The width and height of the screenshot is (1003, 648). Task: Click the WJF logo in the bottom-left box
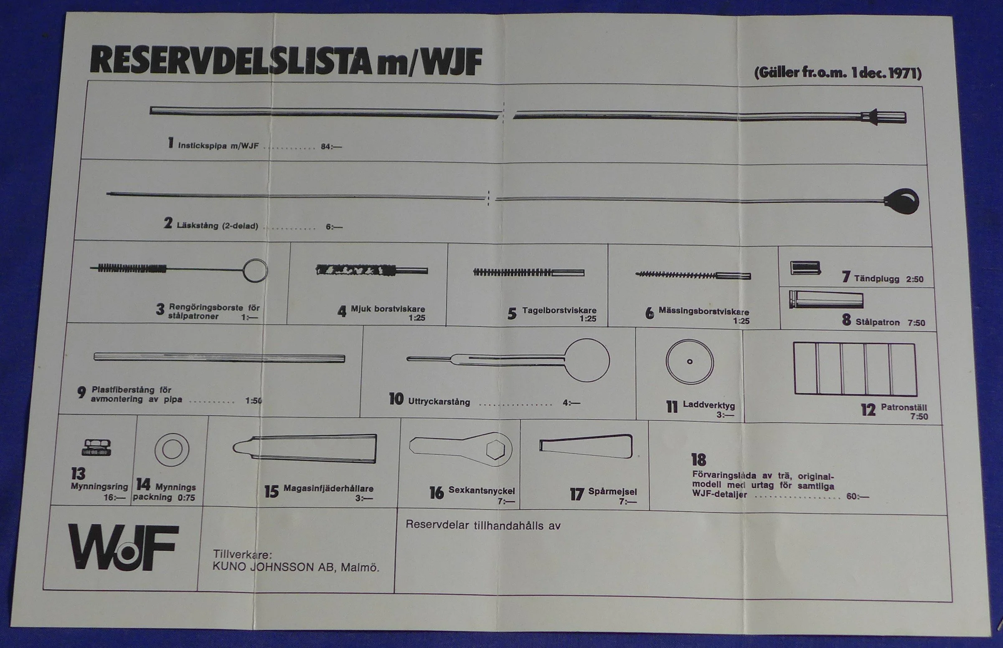tap(123, 547)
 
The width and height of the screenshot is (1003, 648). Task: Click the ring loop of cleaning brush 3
tap(255, 270)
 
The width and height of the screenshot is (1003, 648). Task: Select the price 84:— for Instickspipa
tap(331, 147)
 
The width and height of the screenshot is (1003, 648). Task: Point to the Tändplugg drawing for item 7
tap(805, 268)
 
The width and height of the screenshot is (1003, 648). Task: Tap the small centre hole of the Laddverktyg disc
tap(689, 362)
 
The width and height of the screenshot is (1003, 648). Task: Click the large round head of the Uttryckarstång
tap(587, 360)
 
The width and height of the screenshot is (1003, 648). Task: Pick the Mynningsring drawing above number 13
tap(96, 447)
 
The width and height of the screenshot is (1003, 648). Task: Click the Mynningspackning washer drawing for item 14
tap(172, 449)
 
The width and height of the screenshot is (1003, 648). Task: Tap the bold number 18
tap(698, 459)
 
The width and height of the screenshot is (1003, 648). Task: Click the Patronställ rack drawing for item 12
tap(855, 369)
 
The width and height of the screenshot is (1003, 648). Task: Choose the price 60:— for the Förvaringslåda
tap(858, 497)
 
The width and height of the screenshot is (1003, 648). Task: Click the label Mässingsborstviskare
tap(704, 311)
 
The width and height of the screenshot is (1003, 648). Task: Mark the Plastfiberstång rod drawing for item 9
tap(219, 358)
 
